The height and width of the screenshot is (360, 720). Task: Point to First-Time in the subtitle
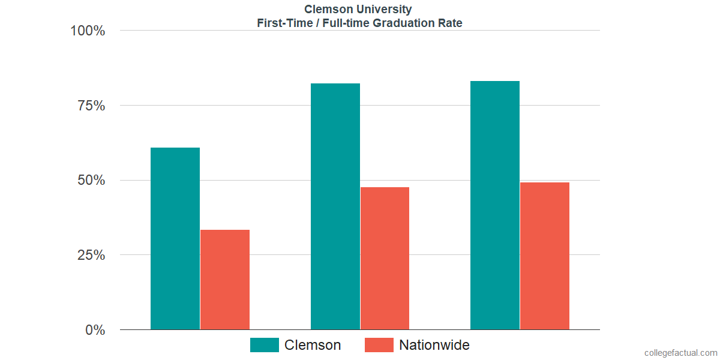pyautogui.click(x=281, y=23)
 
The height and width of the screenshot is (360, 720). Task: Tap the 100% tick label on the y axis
pyautogui.click(x=88, y=31)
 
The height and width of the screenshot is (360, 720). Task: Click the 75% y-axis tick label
pyautogui.click(x=91, y=106)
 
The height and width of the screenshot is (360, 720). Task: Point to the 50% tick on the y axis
pyautogui.click(x=91, y=181)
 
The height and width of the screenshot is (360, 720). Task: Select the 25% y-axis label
pyautogui.click(x=91, y=255)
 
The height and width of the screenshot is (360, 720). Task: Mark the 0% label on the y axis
pyautogui.click(x=95, y=330)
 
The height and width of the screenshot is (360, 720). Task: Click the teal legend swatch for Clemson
pyautogui.click(x=265, y=345)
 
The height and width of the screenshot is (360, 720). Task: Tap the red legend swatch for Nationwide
pyautogui.click(x=379, y=345)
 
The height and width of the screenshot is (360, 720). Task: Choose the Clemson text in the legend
pyautogui.click(x=313, y=345)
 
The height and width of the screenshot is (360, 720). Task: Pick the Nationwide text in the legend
pyautogui.click(x=434, y=345)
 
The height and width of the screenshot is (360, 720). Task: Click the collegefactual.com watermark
pyautogui.click(x=680, y=353)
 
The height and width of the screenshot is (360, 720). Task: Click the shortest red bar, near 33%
pyautogui.click(x=225, y=280)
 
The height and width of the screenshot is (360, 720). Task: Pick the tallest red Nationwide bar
pyautogui.click(x=545, y=256)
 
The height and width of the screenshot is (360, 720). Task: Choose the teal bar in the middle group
pyautogui.click(x=335, y=206)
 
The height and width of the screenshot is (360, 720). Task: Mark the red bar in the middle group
pyautogui.click(x=385, y=259)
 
